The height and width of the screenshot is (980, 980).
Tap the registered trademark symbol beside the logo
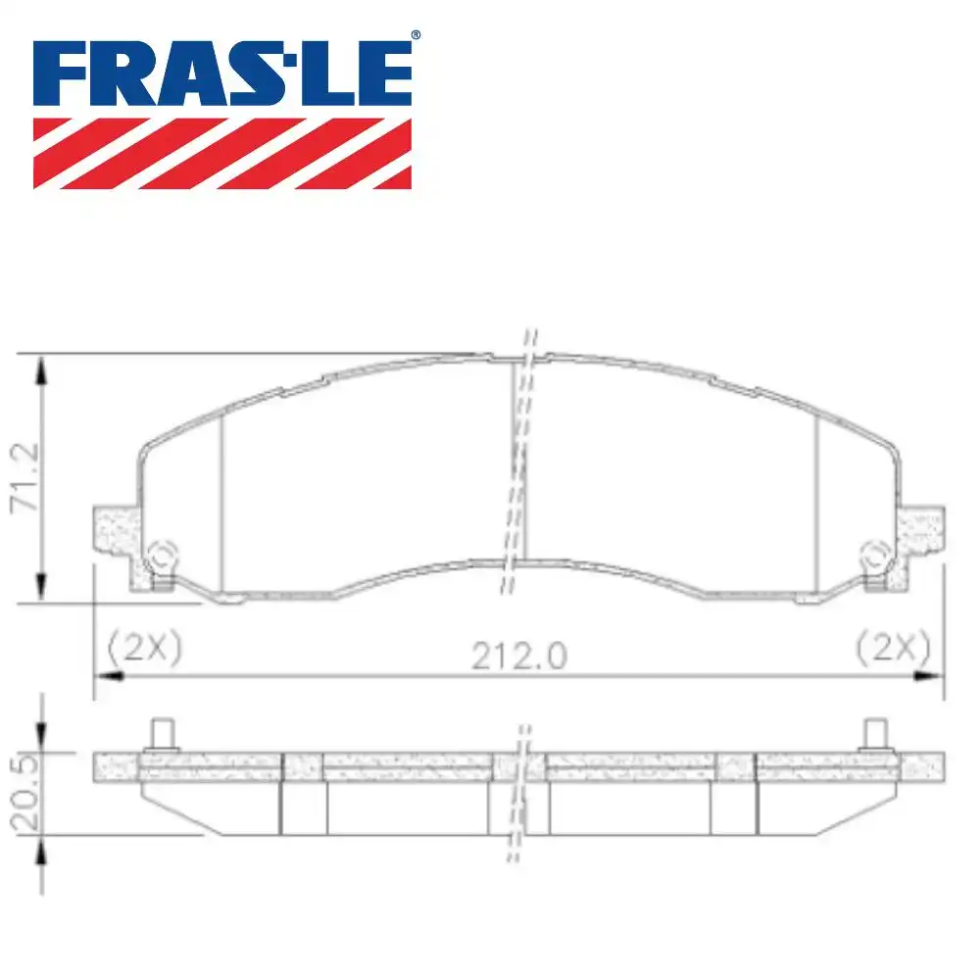(x=416, y=36)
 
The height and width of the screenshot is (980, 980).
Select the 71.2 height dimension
(x=24, y=477)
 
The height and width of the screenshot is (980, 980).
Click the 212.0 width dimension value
(x=519, y=655)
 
